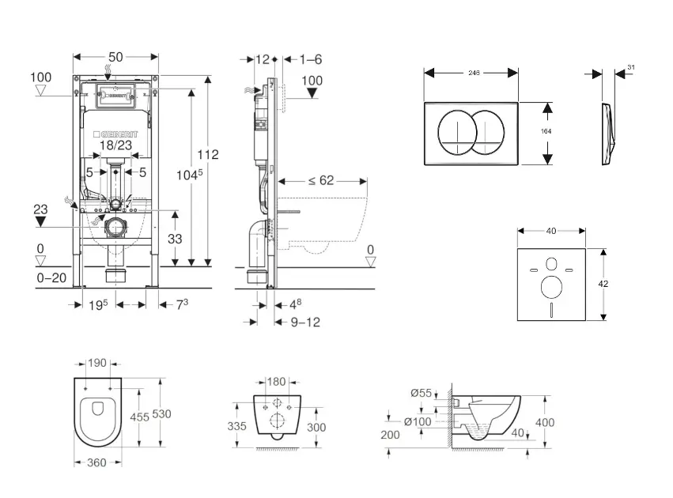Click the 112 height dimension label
(209, 155)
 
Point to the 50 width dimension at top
(115, 57)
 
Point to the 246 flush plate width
(475, 72)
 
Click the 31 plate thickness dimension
(630, 68)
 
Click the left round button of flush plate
(454, 133)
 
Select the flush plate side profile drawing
(607, 134)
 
